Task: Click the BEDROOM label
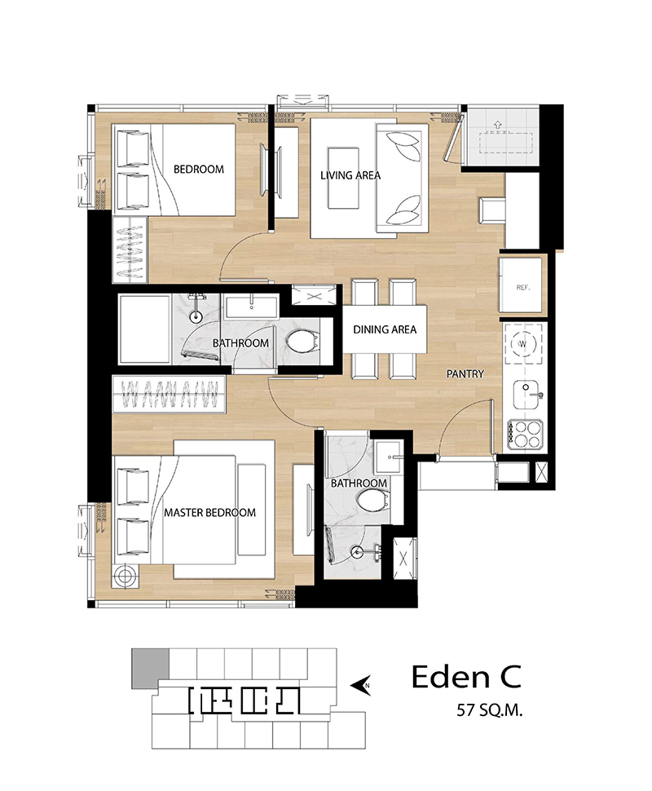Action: pyautogui.click(x=199, y=169)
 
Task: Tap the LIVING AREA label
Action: pyautogui.click(x=350, y=175)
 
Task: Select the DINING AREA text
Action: pyautogui.click(x=385, y=330)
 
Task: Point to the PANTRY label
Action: pyautogui.click(x=465, y=373)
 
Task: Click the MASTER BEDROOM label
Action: pyautogui.click(x=209, y=513)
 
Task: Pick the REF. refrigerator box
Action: pyautogui.click(x=523, y=285)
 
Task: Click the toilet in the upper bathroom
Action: pyautogui.click(x=302, y=342)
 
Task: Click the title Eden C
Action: pyautogui.click(x=466, y=677)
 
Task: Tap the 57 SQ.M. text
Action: pyautogui.click(x=490, y=711)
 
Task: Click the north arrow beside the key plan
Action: pyautogui.click(x=361, y=685)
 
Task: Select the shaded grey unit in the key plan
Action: pyautogui.click(x=150, y=669)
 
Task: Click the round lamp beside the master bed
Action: pyautogui.click(x=126, y=576)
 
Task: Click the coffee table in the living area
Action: pyautogui.click(x=343, y=178)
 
